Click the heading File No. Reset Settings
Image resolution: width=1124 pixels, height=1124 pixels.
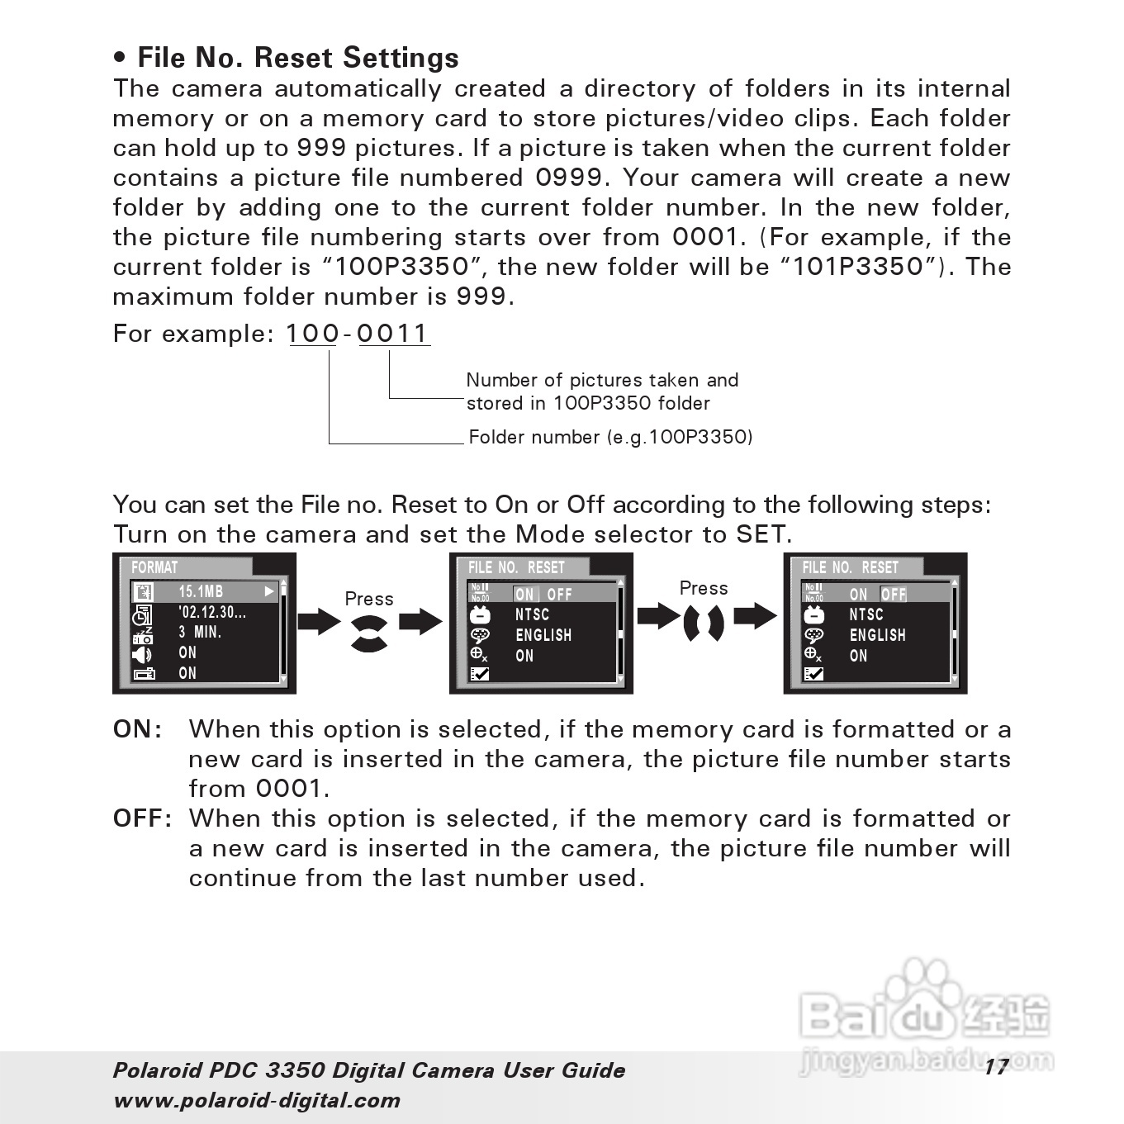(297, 58)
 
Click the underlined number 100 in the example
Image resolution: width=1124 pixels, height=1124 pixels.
(312, 334)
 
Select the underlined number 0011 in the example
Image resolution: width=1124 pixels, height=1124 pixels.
(393, 334)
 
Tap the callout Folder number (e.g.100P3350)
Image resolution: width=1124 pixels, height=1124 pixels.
(610, 437)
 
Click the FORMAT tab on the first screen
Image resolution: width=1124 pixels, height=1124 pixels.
(154, 567)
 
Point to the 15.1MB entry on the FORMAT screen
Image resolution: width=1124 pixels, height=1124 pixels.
(201, 591)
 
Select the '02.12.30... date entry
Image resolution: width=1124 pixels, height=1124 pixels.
(212, 612)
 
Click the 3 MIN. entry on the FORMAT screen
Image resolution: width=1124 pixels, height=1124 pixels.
(200, 633)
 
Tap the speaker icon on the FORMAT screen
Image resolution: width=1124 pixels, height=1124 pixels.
(142, 655)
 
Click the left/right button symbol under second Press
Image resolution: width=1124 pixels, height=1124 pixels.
(704, 624)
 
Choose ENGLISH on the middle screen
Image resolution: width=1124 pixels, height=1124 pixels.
(543, 635)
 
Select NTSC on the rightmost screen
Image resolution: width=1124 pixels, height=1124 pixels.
(866, 614)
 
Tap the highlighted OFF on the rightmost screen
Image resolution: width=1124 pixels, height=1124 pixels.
(894, 595)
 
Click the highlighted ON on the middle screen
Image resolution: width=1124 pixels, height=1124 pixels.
(525, 595)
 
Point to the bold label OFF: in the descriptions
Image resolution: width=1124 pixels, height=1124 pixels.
(142, 818)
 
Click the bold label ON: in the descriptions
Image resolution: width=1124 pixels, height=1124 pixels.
(137, 729)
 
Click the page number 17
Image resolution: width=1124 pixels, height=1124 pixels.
(996, 1067)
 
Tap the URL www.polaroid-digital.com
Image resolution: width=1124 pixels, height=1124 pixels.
(257, 1100)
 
